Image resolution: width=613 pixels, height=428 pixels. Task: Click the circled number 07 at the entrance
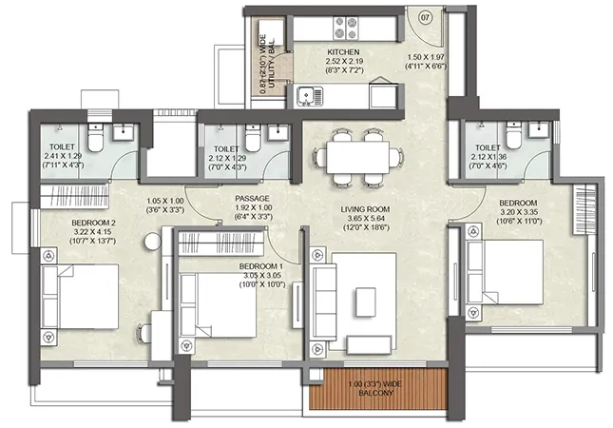[426, 18]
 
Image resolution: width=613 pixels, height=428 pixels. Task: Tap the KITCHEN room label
[343, 52]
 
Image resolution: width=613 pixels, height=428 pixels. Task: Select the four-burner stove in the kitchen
[346, 28]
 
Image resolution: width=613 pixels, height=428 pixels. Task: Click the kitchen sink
[310, 96]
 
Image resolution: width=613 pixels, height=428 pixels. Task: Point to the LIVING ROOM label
[365, 209]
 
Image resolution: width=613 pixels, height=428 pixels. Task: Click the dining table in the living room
[357, 157]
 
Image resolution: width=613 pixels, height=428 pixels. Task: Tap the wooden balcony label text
[375, 388]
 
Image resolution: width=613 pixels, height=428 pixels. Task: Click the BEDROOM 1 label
[261, 266]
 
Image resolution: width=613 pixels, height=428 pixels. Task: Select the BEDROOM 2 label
[93, 223]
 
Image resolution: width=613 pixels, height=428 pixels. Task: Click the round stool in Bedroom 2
[153, 242]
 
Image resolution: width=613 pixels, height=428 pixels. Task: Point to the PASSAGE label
[252, 199]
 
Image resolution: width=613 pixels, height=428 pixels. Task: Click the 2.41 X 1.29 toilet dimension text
[63, 156]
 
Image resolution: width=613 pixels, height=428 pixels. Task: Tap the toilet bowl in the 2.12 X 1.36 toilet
[513, 136]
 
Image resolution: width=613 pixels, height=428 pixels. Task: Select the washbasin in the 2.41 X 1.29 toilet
[124, 132]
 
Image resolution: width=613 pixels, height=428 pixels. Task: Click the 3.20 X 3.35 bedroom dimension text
[519, 212]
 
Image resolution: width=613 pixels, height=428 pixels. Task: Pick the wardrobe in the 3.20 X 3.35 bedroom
[584, 209]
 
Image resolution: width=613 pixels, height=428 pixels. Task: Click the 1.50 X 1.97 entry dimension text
[426, 57]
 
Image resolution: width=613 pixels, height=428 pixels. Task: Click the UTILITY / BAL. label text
[272, 63]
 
